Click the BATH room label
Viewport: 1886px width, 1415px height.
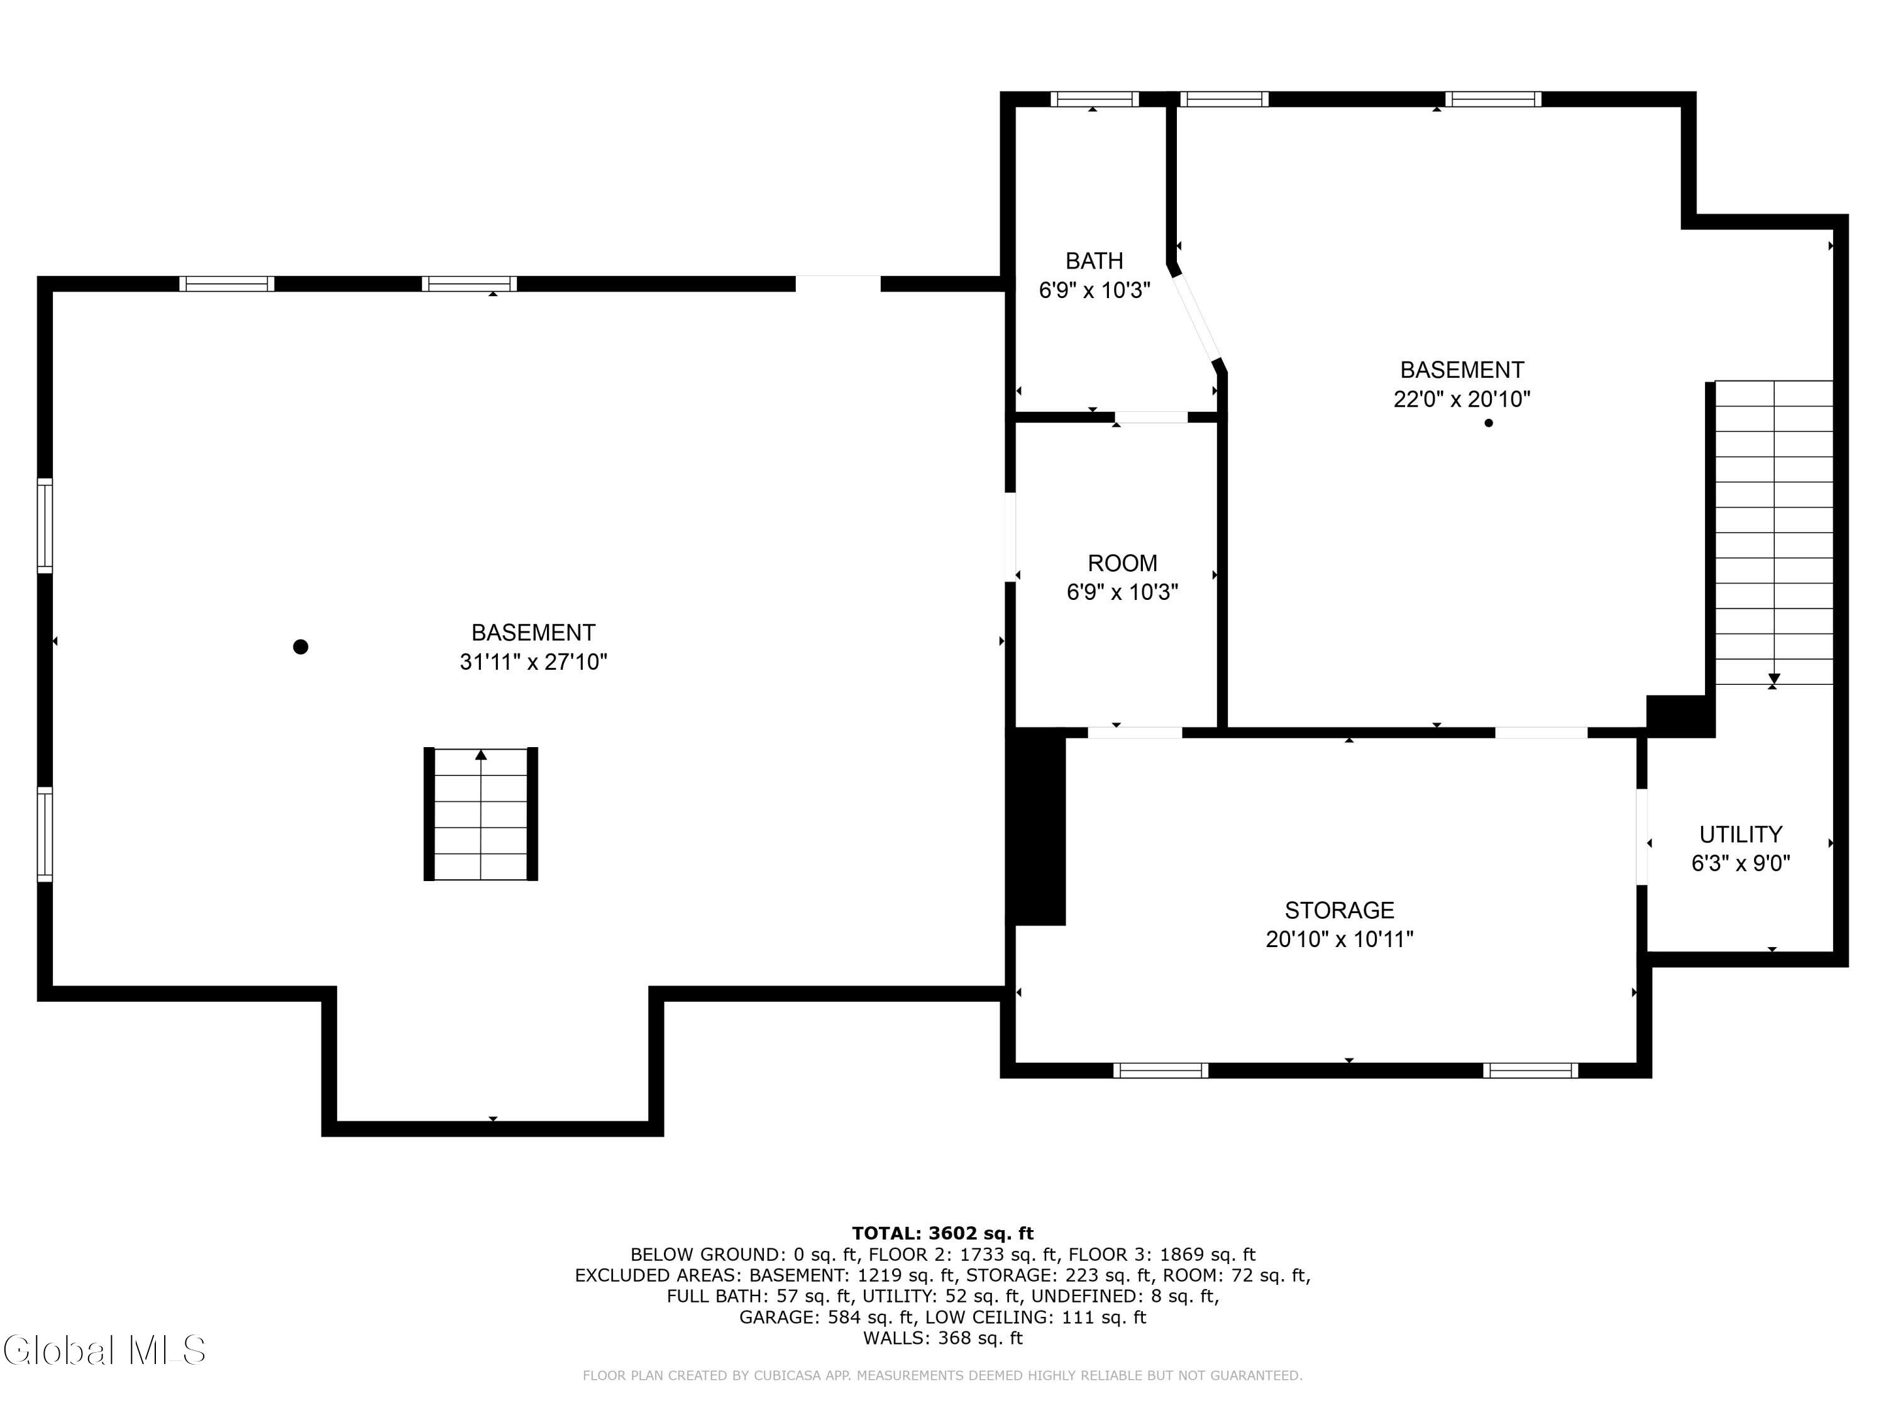[1094, 261]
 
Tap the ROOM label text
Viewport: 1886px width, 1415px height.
[1122, 563]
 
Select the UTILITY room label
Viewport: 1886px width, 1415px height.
[1741, 834]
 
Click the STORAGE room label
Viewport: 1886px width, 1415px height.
[1340, 910]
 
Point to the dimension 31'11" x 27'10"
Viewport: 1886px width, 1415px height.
[534, 662]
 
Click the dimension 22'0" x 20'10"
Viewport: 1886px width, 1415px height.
[1462, 399]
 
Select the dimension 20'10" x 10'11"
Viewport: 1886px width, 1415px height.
[1340, 939]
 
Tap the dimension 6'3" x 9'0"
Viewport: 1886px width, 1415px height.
[1741, 863]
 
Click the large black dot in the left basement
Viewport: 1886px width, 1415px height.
[300, 646]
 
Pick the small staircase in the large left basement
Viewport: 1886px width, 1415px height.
[481, 814]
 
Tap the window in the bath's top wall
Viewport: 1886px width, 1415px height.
[1094, 99]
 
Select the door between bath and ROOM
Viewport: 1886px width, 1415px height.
[1151, 417]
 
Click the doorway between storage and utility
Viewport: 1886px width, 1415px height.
[1641, 836]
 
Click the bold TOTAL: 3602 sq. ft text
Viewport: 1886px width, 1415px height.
[942, 1233]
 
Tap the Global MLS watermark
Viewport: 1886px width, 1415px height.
[104, 1350]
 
